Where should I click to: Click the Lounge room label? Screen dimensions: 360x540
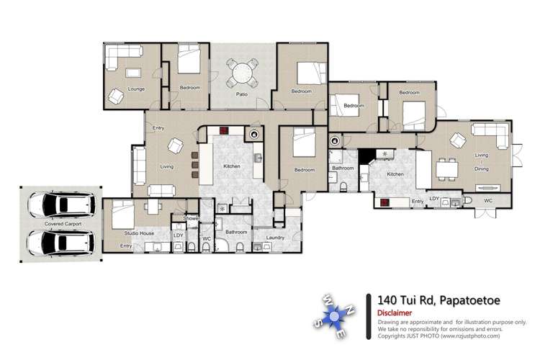(x=136, y=89)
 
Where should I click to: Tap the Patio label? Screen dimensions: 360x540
(x=243, y=94)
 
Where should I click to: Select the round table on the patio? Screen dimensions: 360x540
(x=243, y=72)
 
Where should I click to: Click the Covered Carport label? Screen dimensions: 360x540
(x=63, y=224)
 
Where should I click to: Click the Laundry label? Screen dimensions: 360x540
(x=276, y=237)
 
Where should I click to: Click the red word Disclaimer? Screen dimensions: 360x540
(x=395, y=313)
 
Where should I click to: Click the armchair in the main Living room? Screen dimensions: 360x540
(x=175, y=145)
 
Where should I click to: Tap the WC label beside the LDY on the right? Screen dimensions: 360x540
(x=487, y=200)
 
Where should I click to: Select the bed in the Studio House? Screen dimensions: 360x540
(x=121, y=213)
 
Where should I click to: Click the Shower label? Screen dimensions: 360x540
(x=191, y=218)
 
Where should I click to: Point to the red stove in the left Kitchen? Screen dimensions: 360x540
(x=224, y=131)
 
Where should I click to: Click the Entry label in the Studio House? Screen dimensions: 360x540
(x=126, y=246)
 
